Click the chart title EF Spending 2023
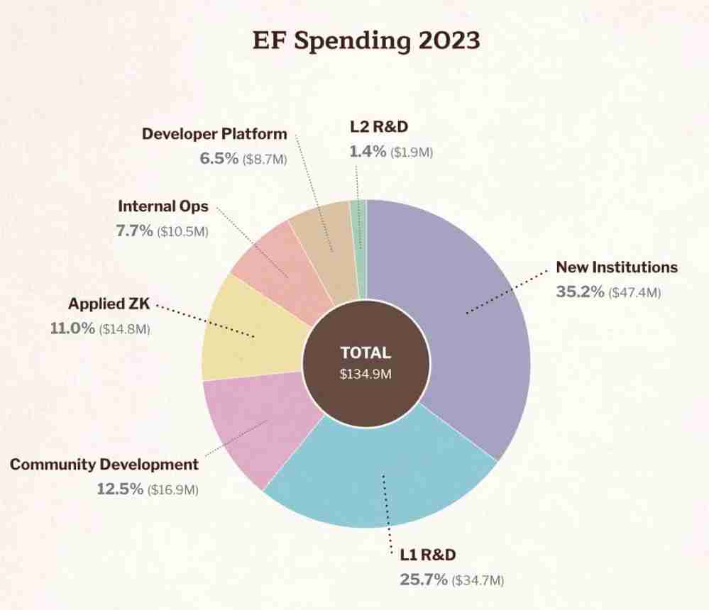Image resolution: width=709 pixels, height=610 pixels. tap(366, 40)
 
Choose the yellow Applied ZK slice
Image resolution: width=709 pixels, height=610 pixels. tap(248, 330)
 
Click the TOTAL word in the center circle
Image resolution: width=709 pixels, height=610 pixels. tap(366, 353)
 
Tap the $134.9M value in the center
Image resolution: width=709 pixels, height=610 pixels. tap(366, 375)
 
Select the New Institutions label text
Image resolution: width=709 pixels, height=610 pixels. tap(617, 267)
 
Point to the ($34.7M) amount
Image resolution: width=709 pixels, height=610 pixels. tap(478, 581)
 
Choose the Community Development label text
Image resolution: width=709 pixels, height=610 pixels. tap(104, 465)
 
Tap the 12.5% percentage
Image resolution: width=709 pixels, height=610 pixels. tap(119, 489)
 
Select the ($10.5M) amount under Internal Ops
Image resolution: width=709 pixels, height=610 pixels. tap(182, 231)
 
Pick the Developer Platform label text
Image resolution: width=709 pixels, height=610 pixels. tap(214, 133)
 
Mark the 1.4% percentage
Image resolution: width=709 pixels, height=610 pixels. tap(368, 151)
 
